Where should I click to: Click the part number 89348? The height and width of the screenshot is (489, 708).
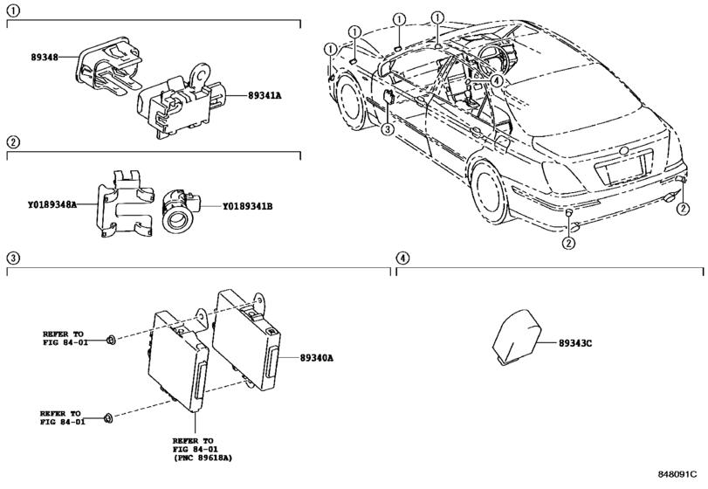click(x=45, y=58)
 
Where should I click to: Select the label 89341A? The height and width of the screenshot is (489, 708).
click(x=265, y=96)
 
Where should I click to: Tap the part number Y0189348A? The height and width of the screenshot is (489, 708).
click(x=52, y=205)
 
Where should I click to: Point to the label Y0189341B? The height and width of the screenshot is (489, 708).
click(x=247, y=206)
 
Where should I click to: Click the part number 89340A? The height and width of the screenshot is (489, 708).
click(x=317, y=358)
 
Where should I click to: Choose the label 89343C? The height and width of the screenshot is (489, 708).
click(x=575, y=343)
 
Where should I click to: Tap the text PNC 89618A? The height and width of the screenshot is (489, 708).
click(x=203, y=458)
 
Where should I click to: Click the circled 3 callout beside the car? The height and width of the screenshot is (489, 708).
click(x=388, y=129)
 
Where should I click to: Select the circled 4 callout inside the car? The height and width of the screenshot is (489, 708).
click(x=496, y=81)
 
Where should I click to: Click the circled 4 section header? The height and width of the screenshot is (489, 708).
click(x=402, y=258)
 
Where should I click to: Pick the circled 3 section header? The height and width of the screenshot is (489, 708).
click(x=13, y=258)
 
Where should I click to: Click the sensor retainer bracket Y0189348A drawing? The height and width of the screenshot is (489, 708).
click(x=125, y=203)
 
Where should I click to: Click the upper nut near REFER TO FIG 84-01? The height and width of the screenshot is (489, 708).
click(x=110, y=340)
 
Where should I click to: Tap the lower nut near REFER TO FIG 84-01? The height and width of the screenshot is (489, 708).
click(x=108, y=418)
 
